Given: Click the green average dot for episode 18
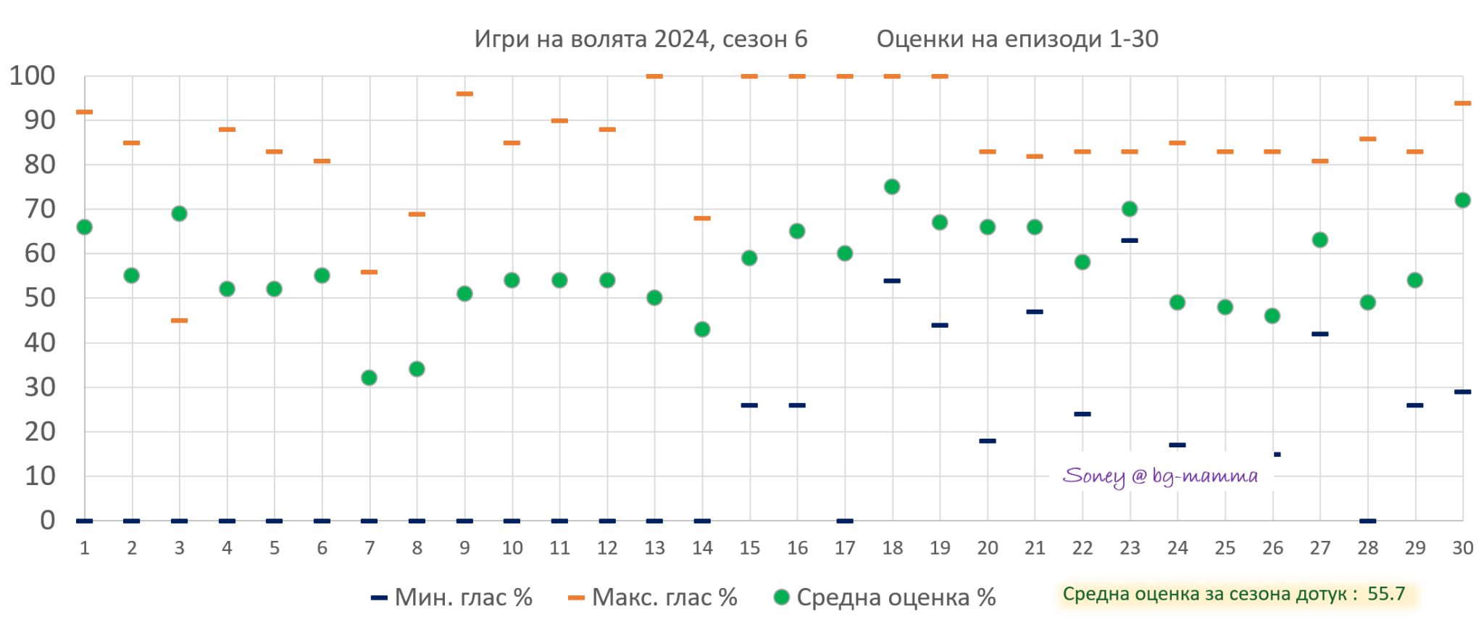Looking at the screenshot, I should (x=892, y=187).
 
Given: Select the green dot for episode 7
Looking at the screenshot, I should (x=369, y=378).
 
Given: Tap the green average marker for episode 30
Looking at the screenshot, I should (x=1462, y=200).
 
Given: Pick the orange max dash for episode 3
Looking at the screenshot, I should (x=179, y=320).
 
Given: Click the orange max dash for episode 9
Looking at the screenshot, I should (x=464, y=94).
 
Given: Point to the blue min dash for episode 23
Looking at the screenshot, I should (x=1130, y=241).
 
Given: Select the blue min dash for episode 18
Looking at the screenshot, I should (x=892, y=281).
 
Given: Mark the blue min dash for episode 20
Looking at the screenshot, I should (x=987, y=441).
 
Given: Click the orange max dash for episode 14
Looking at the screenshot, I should (x=702, y=218).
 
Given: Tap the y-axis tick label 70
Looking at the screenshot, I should (x=40, y=209).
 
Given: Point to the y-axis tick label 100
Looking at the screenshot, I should (x=33, y=75).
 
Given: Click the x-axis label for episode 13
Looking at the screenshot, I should (x=654, y=548).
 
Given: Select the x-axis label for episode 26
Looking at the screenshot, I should (x=1272, y=548).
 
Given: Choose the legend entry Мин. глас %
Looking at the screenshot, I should (x=452, y=597).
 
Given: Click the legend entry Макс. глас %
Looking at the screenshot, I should (x=653, y=597).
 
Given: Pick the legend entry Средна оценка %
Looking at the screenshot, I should (x=885, y=597).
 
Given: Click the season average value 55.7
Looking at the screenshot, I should (x=1386, y=595).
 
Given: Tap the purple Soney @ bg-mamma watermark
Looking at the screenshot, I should (x=1160, y=476).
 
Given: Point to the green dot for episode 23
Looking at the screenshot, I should (x=1130, y=209).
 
